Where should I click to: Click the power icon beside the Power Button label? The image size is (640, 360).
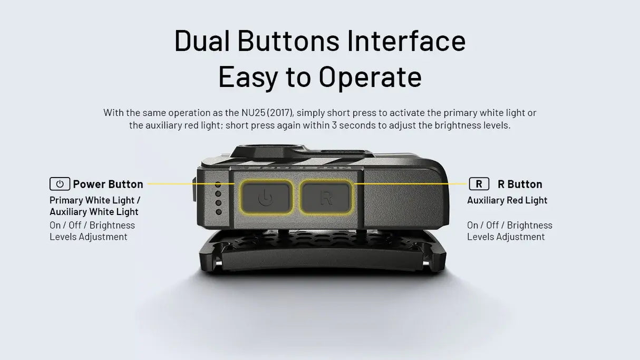(60, 184)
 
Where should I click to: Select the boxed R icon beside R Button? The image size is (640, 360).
(479, 184)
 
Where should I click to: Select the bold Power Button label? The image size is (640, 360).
(108, 184)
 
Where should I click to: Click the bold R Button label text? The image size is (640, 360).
(520, 184)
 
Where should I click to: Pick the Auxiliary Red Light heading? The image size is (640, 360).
(507, 200)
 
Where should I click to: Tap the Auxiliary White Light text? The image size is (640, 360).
(94, 212)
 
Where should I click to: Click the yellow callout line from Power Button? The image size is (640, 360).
(190, 184)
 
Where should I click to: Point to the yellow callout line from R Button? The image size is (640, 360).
(411, 184)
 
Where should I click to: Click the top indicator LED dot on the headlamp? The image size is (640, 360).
(218, 184)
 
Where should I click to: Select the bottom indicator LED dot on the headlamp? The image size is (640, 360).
(218, 212)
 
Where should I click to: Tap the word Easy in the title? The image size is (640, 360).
(248, 77)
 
